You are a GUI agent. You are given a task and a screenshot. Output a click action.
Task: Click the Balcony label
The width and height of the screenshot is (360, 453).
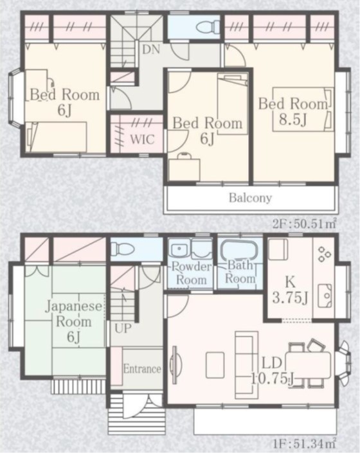pyautogui.click(x=250, y=198)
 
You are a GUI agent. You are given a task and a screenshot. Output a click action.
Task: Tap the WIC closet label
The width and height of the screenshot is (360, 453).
pyautogui.click(x=143, y=139)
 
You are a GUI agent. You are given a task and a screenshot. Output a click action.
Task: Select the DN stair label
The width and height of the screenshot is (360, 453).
pyautogui.click(x=151, y=49)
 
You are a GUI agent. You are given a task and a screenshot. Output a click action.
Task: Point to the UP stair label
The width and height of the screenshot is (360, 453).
pyautogui.click(x=123, y=328)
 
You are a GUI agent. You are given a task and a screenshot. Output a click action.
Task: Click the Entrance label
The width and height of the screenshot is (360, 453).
pyautogui.click(x=142, y=369)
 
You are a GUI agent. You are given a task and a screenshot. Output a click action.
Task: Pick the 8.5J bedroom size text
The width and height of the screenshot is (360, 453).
pyautogui.click(x=292, y=120)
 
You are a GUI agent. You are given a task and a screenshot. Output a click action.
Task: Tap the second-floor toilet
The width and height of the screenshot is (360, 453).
pyautogui.click(x=208, y=27)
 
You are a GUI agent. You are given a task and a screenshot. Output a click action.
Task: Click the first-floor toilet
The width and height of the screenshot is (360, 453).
pyautogui.click(x=123, y=249)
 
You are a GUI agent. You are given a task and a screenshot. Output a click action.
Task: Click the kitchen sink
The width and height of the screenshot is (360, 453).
pyautogui.click(x=325, y=296)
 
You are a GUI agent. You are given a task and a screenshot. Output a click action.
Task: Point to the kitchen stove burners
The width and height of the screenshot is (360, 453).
pyautogui.click(x=324, y=254)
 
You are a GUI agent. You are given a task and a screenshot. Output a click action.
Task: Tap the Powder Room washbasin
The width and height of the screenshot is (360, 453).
pyautogui.click(x=180, y=249)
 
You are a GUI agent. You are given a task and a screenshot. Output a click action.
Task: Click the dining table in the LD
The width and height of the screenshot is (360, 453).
pyautogui.click(x=308, y=365)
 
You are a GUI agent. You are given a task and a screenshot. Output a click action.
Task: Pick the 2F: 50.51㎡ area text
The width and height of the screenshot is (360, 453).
pyautogui.click(x=305, y=224)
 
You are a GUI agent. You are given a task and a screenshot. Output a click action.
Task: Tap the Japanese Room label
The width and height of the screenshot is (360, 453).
pyautogui.click(x=74, y=314)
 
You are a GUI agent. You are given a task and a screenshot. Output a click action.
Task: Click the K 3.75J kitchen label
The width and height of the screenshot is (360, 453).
pyautogui.click(x=290, y=290)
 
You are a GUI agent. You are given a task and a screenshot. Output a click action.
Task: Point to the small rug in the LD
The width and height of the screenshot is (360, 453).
pyautogui.click(x=215, y=365)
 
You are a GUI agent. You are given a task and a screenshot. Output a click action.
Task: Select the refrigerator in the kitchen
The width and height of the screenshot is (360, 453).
pyautogui.click(x=278, y=249)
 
